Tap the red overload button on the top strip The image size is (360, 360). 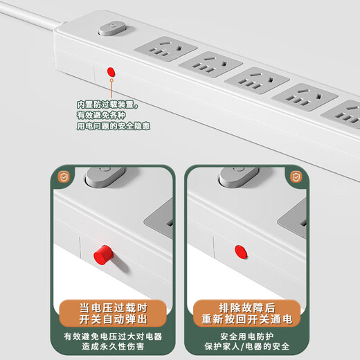coord(111,71)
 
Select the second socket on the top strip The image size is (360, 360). coord(212,65)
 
